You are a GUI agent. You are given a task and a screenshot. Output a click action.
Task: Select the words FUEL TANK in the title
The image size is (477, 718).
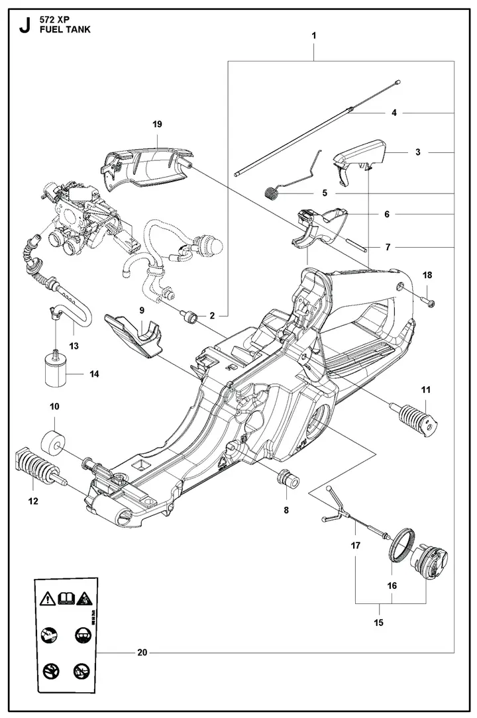[x=66, y=30]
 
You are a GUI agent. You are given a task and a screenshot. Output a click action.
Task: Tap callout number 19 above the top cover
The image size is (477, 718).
[x=157, y=124]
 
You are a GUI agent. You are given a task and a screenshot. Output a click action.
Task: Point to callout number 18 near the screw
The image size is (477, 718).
[x=427, y=275]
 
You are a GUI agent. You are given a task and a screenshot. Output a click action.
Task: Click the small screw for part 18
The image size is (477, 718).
[x=429, y=303]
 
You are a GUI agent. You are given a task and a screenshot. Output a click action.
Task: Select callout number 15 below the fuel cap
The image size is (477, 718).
[x=379, y=622]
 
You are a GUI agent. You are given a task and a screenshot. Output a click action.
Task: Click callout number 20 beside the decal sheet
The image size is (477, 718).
[x=142, y=652]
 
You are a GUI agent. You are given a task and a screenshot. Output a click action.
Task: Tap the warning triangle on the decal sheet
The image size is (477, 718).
[x=47, y=599]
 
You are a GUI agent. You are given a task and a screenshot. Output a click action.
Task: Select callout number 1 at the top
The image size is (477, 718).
[x=313, y=35]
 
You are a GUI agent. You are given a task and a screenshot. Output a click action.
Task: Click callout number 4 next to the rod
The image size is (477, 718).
[x=394, y=113]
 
